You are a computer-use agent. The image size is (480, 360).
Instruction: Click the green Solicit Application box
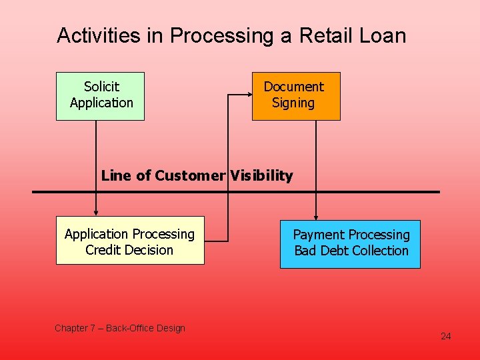[100, 96]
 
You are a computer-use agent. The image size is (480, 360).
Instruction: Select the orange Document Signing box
[296, 96]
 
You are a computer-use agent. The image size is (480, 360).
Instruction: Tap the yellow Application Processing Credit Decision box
[130, 241]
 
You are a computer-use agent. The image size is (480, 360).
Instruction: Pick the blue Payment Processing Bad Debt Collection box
[350, 244]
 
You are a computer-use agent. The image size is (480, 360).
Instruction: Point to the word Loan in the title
[385, 35]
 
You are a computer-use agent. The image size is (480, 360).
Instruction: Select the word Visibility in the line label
[262, 176]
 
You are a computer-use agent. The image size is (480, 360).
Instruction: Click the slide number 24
[445, 336]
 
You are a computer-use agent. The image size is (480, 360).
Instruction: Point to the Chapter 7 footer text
[120, 328]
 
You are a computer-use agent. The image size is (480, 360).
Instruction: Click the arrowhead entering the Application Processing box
[96, 213]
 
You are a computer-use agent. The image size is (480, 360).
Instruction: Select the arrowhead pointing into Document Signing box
[248, 96]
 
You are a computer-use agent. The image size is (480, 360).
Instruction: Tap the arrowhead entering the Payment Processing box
[316, 217]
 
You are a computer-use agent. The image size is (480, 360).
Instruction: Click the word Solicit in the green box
[101, 87]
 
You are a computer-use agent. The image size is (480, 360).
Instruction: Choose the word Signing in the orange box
[293, 103]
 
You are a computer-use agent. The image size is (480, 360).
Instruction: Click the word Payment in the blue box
[316, 235]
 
